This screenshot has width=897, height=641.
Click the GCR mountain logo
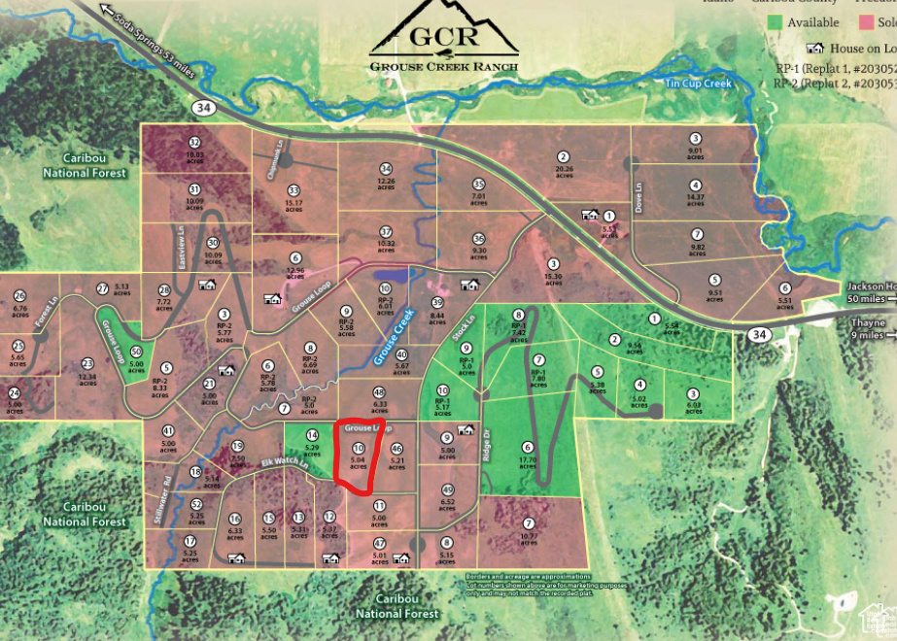443,29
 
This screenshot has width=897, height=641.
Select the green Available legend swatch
775,22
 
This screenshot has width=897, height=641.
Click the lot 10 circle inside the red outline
359,448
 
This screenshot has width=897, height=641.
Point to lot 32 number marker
194,143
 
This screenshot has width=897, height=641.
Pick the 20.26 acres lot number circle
563,156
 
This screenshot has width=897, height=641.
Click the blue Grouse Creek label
393,335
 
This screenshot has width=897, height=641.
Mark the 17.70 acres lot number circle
527,446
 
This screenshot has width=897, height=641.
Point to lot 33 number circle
293,190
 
